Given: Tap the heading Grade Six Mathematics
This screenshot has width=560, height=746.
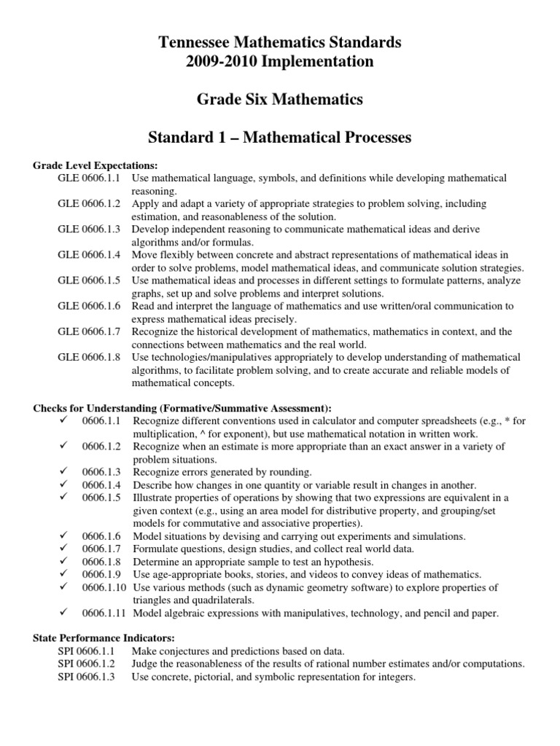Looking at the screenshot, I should pyautogui.click(x=280, y=99).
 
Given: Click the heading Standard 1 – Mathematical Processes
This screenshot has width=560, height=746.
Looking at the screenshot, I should pyautogui.click(x=280, y=137).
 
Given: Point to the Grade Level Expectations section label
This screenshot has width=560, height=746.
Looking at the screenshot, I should pyautogui.click(x=96, y=165).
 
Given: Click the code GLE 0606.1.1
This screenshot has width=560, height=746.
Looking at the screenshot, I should pyautogui.click(x=90, y=178).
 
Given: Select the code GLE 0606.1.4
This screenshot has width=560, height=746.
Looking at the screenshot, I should pyautogui.click(x=90, y=254).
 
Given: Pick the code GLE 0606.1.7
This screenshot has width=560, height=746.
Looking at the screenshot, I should pyautogui.click(x=90, y=331).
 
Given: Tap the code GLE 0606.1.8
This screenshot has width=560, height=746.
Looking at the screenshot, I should pyautogui.click(x=90, y=357).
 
